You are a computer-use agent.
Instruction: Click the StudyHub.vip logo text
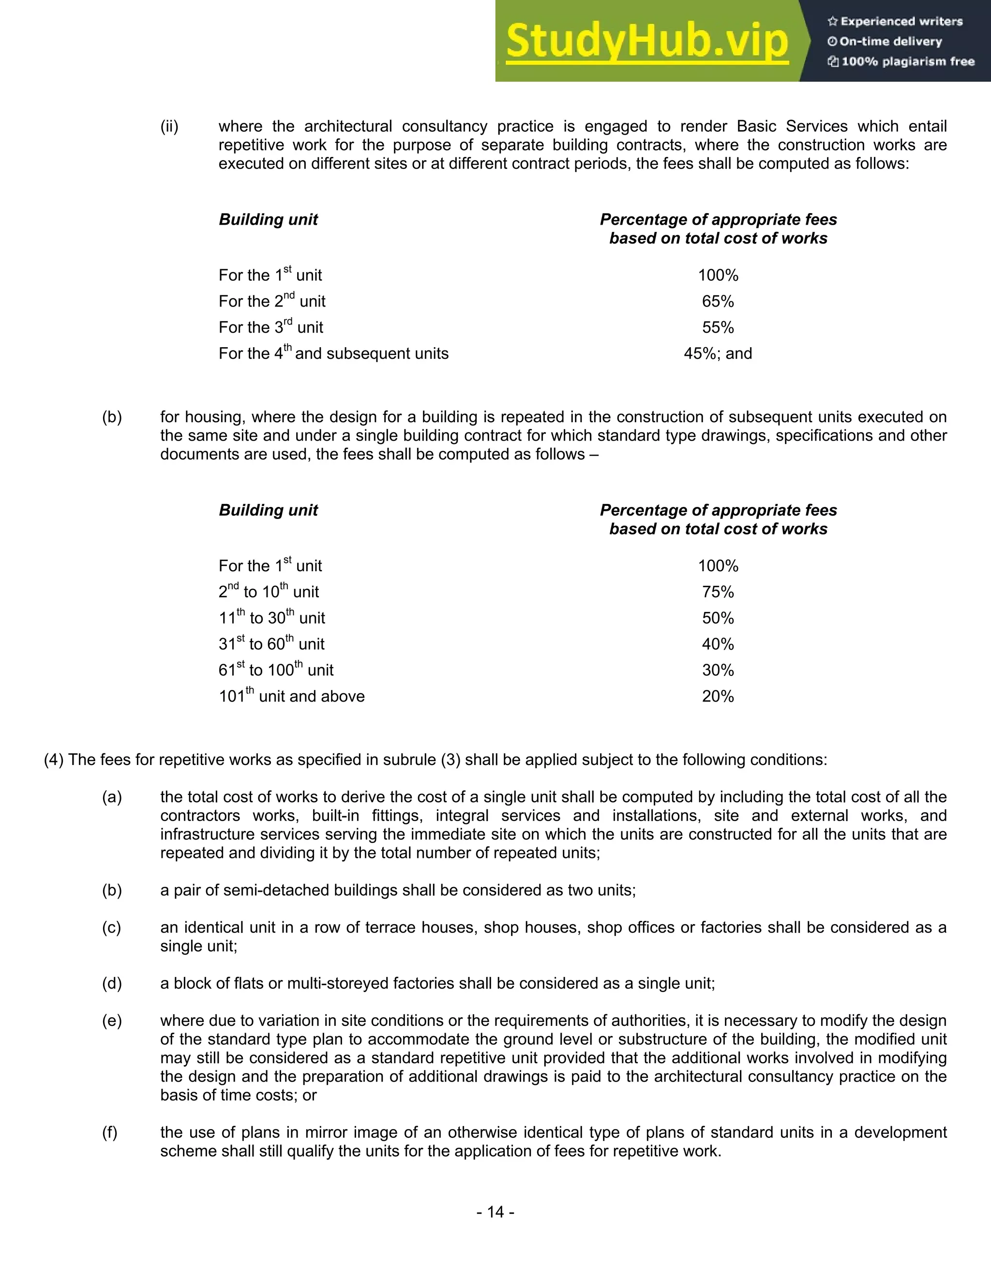[646, 42]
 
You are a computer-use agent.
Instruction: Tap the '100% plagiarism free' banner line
[901, 61]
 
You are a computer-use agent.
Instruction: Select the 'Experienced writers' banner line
[895, 22]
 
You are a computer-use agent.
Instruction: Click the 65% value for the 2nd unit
[718, 301]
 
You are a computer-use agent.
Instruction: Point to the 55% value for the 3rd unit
[718, 327]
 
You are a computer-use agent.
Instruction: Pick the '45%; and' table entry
[718, 353]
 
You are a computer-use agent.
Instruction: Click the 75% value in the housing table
[718, 592]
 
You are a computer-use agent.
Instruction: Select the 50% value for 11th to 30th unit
[718, 618]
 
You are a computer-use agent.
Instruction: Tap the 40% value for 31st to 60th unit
[718, 644]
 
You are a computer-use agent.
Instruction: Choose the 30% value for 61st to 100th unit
[718, 670]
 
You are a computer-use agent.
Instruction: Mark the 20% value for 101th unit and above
[718, 696]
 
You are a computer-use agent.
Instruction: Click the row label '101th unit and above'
[291, 696]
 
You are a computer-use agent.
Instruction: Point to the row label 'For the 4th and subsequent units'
[333, 353]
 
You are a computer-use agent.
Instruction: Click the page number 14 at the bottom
[495, 1212]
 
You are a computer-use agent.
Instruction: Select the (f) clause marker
[110, 1132]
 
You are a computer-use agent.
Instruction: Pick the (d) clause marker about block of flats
[112, 983]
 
